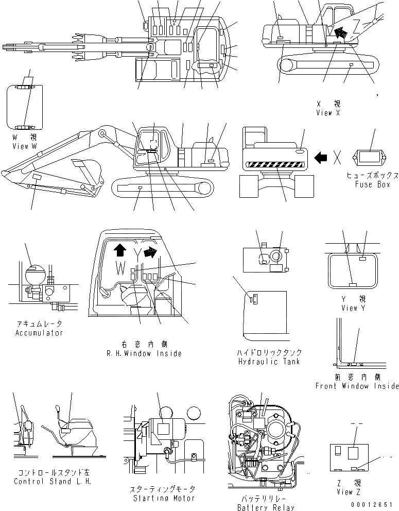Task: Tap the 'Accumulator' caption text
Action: point(39,333)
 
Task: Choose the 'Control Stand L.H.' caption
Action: point(52,482)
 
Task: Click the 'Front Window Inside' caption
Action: point(357,386)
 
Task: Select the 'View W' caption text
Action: point(24,146)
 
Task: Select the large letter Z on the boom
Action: point(356,25)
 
